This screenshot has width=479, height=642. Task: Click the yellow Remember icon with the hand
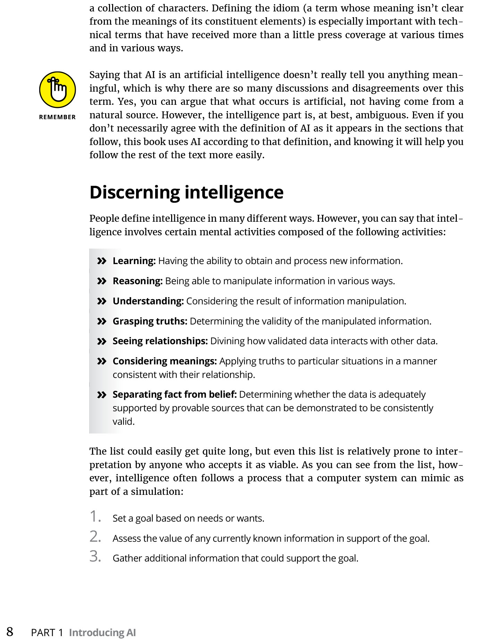coord(57,90)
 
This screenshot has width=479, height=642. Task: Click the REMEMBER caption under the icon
coord(57,117)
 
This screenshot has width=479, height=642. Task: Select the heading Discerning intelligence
coord(186,193)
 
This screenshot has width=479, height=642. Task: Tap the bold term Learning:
coord(134,261)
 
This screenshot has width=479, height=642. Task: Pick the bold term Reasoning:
coord(137,281)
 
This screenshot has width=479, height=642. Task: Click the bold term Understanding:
coord(148,301)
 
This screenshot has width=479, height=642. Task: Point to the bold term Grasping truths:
coord(150,321)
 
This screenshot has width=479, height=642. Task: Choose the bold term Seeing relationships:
coord(160,341)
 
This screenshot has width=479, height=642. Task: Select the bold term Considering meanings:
coord(165,361)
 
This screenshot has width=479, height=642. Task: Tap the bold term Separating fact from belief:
coord(175,395)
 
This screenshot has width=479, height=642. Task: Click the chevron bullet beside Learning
coord(101,261)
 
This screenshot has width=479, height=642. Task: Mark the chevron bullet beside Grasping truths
coord(101,321)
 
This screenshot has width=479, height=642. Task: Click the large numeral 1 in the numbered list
coord(95,516)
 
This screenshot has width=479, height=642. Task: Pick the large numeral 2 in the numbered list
coord(95,537)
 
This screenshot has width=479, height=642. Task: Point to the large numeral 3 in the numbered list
coord(95,556)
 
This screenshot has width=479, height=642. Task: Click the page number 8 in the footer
coord(10,632)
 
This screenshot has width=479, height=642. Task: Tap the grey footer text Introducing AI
coord(102,633)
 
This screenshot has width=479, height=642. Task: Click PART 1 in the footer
coord(47,633)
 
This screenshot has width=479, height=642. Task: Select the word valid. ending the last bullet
coord(124,422)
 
